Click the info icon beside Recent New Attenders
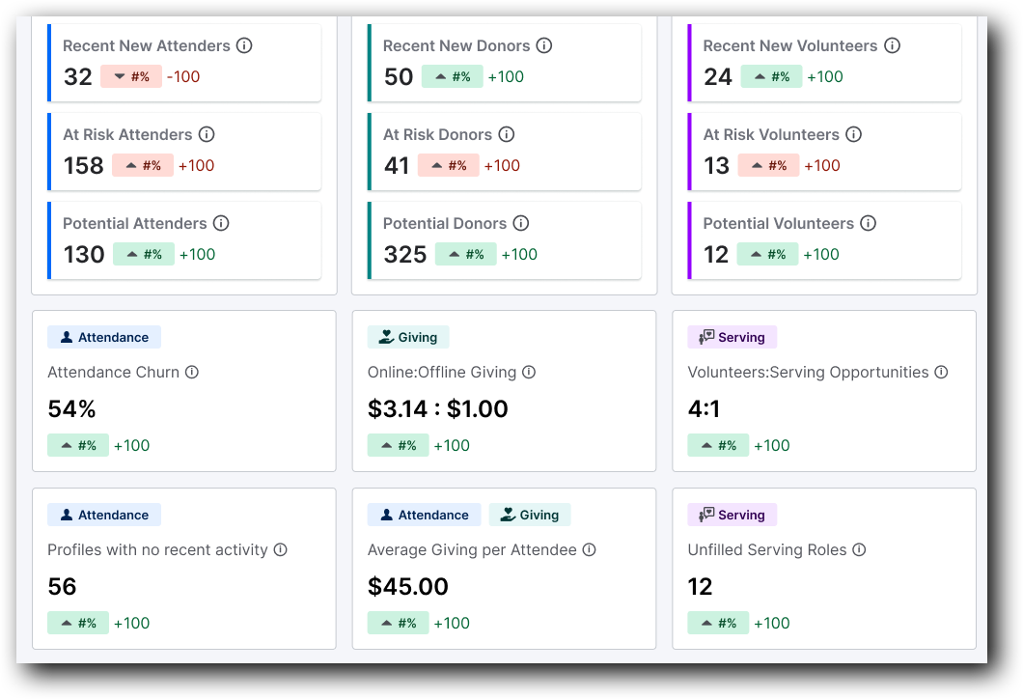click(x=244, y=45)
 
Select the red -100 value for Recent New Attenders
click(x=183, y=77)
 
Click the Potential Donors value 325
click(x=404, y=255)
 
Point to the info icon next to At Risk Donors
click(x=506, y=134)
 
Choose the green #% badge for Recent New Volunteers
click(x=771, y=77)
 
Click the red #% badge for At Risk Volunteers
click(x=768, y=166)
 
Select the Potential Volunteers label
click(x=778, y=223)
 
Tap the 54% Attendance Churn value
click(x=71, y=409)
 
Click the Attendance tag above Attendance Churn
click(x=104, y=337)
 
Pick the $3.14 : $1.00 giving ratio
click(x=437, y=409)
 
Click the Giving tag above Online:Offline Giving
click(x=408, y=337)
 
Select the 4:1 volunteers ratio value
click(x=704, y=409)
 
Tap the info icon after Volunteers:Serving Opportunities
click(x=941, y=372)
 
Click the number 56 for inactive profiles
click(x=62, y=587)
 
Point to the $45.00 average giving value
click(x=407, y=587)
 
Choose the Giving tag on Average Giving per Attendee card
click(x=530, y=515)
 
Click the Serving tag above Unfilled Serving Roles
click(x=732, y=515)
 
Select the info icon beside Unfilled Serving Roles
click(x=859, y=549)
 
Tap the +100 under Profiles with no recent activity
click(x=132, y=624)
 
